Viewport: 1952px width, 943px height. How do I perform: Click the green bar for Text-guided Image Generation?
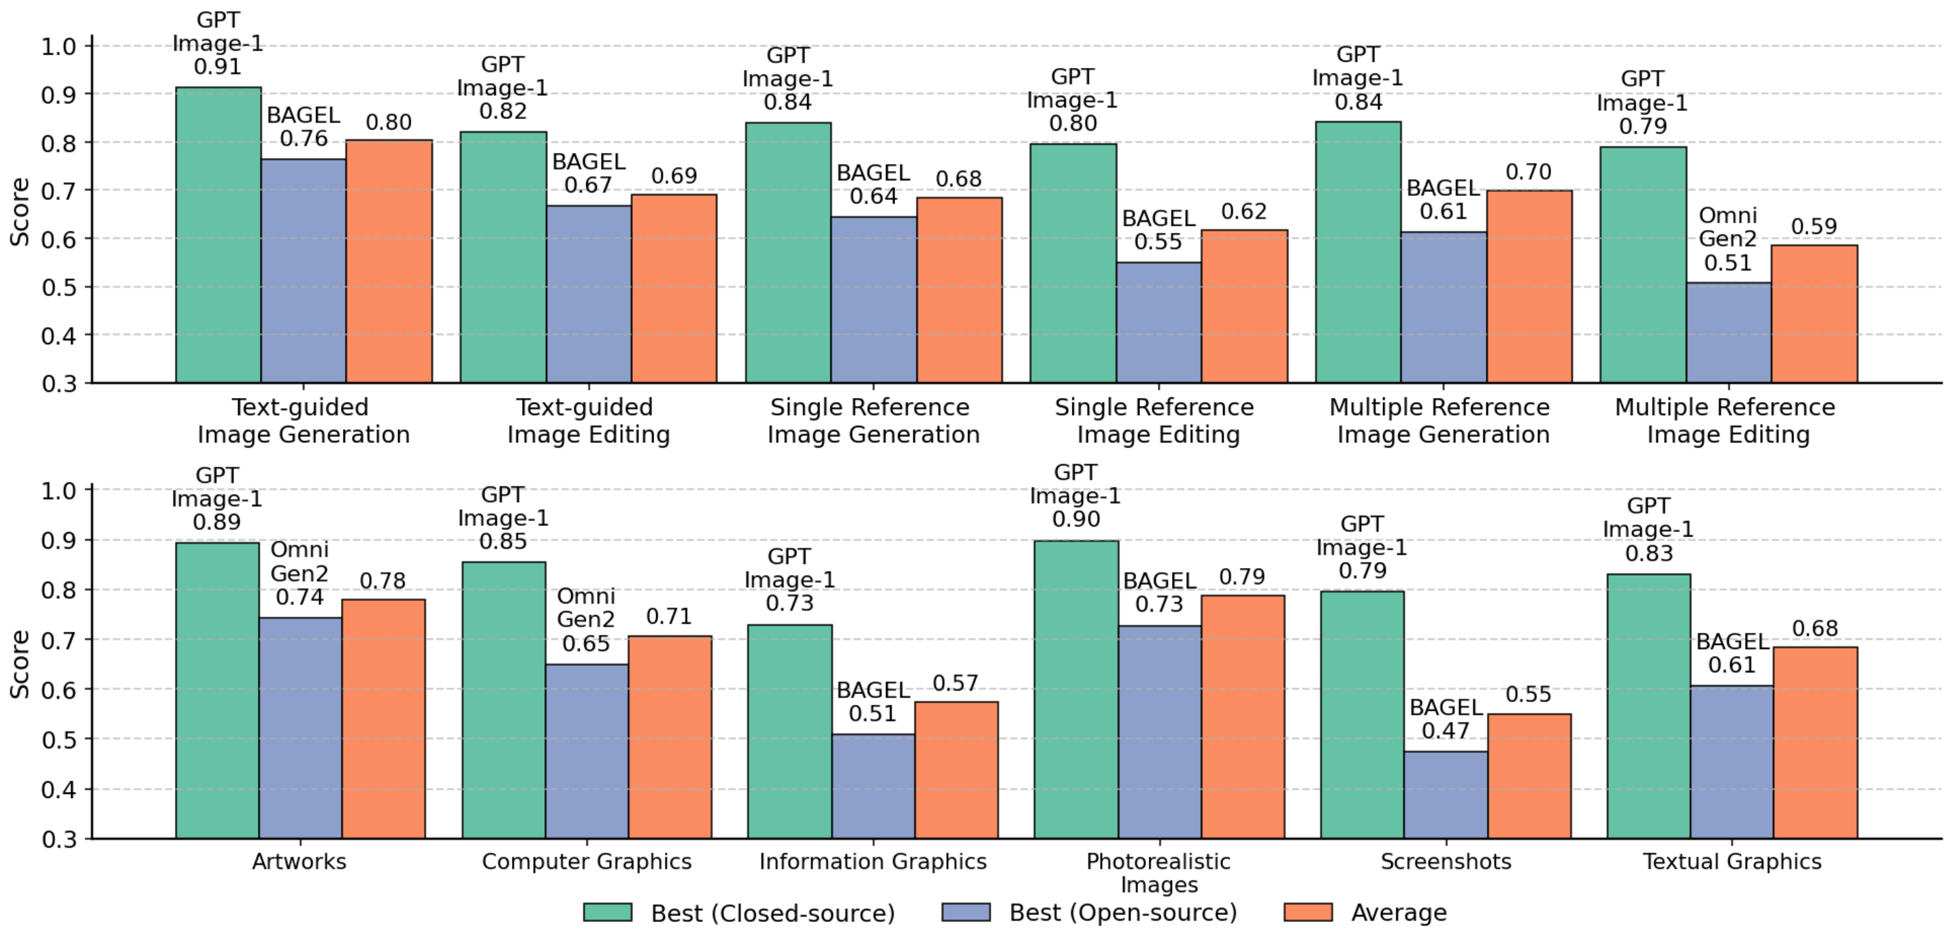(218, 235)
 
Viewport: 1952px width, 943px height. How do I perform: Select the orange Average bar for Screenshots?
(1529, 776)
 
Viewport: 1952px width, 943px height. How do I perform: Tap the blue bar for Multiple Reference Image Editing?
(1729, 333)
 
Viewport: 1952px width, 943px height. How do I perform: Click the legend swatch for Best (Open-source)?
(965, 912)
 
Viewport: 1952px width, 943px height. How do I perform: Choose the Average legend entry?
(1398, 912)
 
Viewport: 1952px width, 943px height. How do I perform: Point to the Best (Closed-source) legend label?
(772, 912)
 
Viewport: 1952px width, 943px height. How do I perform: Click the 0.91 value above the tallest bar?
(218, 67)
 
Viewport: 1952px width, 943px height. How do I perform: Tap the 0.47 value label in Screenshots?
(1445, 731)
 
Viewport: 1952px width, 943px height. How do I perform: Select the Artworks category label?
(299, 861)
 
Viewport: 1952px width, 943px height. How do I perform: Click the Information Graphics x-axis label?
(873, 861)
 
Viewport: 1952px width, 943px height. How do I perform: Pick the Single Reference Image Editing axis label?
(1154, 420)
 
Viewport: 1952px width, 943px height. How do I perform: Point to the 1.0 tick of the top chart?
(59, 46)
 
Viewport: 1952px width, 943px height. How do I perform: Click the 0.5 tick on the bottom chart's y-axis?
(59, 740)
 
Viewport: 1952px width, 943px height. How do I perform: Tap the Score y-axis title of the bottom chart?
(20, 663)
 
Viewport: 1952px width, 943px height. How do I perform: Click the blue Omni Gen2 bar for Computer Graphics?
(587, 750)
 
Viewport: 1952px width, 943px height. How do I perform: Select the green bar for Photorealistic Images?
(1076, 689)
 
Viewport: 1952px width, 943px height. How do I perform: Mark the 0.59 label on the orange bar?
(1814, 227)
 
